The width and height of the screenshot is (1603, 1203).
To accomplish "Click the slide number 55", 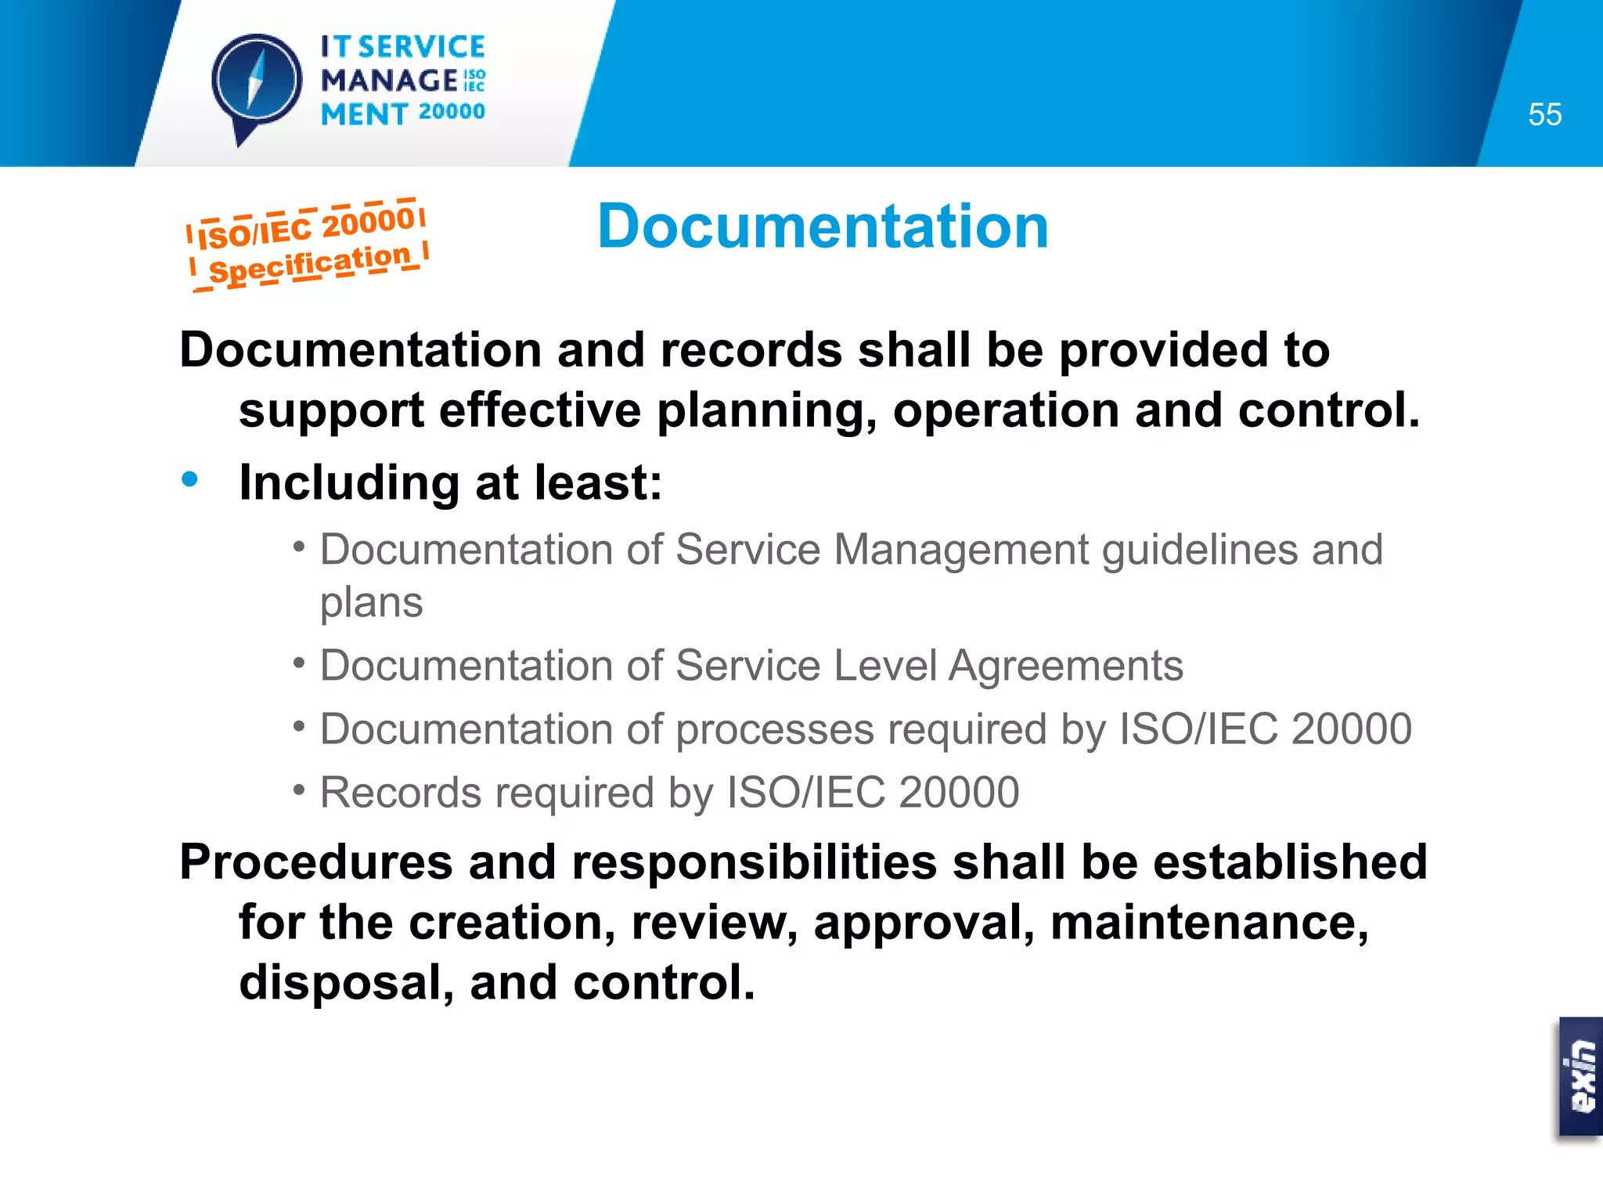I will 1544,115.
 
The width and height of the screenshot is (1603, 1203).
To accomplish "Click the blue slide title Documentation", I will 823,226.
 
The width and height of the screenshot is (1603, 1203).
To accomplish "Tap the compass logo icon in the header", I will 257,81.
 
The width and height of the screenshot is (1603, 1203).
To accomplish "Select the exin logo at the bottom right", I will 1580,1077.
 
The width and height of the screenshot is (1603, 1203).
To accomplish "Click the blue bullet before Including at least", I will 189,479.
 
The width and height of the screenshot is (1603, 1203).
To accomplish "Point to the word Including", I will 349,482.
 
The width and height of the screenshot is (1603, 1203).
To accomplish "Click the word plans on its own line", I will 371,603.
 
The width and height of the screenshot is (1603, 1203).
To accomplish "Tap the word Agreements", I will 1065,667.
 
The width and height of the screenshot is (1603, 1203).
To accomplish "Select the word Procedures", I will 316,862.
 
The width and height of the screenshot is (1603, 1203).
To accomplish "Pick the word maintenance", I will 1209,923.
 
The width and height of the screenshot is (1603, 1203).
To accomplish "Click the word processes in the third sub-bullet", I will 774,730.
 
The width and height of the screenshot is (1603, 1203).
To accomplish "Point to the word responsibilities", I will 755,862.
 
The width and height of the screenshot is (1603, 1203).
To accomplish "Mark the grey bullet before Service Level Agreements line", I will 298,663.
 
